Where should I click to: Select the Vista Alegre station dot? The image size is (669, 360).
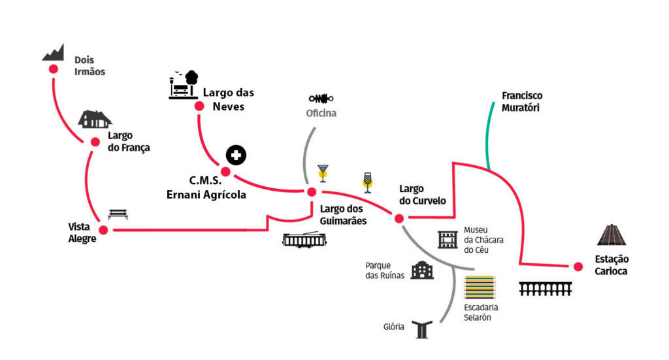(103, 229)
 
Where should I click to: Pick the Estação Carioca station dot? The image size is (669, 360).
(578, 266)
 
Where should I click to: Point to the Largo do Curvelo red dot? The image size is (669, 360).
(399, 218)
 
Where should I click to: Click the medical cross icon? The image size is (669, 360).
(236, 155)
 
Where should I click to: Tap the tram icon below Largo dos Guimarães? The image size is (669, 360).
(304, 240)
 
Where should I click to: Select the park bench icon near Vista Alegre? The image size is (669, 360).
(118, 214)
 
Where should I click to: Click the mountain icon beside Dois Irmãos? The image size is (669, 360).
(54, 53)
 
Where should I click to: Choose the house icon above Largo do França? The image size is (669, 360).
(95, 120)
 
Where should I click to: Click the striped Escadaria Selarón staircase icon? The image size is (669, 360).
(480, 287)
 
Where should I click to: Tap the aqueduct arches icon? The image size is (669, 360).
(546, 289)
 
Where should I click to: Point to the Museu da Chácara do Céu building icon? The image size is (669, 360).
(448, 240)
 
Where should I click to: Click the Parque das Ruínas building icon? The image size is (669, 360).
(422, 270)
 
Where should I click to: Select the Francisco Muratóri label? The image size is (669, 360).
(521, 102)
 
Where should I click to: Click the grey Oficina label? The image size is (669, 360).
(321, 114)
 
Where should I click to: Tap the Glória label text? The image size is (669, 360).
(393, 327)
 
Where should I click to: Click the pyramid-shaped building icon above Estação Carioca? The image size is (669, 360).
(612, 235)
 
